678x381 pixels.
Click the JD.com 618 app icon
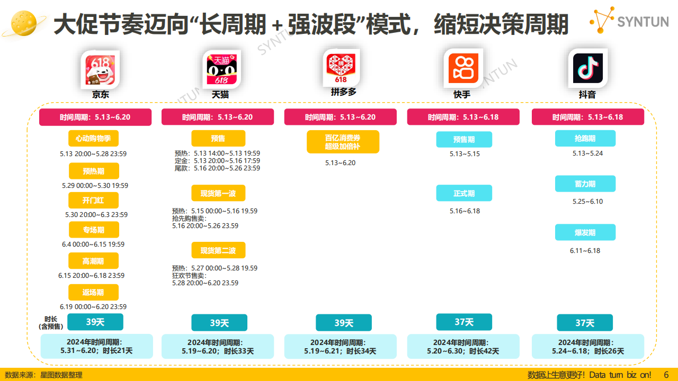[x=101, y=69]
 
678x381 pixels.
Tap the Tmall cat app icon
[x=222, y=69]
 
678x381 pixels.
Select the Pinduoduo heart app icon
[x=341, y=68]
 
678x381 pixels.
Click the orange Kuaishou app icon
[x=463, y=68]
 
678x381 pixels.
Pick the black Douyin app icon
[x=588, y=68]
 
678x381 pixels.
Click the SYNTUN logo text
[x=643, y=22]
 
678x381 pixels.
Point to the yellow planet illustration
[x=24, y=24]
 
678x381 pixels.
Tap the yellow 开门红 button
[x=93, y=200]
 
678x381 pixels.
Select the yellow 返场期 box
[x=93, y=293]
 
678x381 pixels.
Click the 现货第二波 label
[x=218, y=250]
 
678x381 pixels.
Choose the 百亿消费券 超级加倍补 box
[x=343, y=142]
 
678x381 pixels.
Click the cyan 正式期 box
[x=464, y=193]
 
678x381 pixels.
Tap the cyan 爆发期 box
[x=585, y=232]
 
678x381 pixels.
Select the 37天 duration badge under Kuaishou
[x=464, y=322]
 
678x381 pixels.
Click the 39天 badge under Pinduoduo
[x=344, y=323]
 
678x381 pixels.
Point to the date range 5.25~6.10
[x=587, y=202]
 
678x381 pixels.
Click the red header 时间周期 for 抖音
[x=588, y=117]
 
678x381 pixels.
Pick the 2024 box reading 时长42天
[x=463, y=347]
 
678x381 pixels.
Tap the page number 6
[x=666, y=375]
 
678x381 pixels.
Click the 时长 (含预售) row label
[x=51, y=323]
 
